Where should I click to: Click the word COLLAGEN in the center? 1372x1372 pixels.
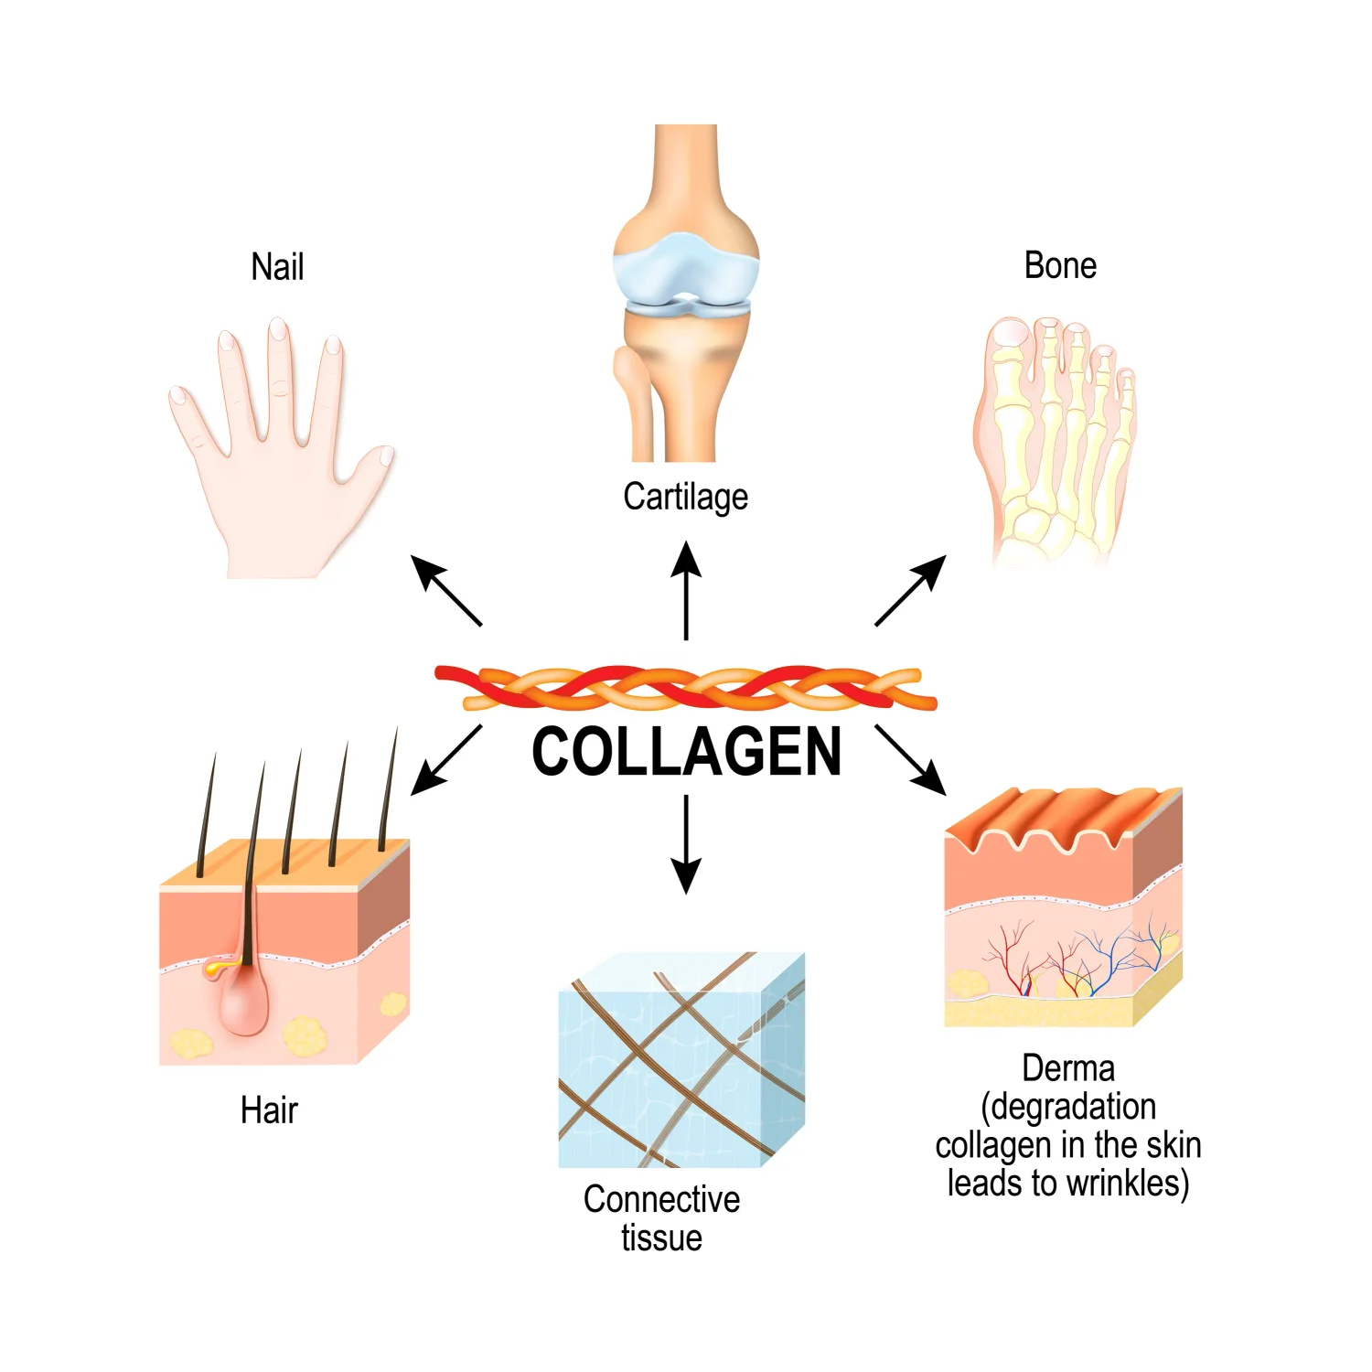coord(686,752)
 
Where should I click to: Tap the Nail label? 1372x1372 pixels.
coord(277,267)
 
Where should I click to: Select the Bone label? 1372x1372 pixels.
coord(1060,265)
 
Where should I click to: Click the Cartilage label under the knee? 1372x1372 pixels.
coord(685,497)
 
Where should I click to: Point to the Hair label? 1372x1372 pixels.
coord(269,1109)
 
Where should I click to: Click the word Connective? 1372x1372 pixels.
coord(661,1198)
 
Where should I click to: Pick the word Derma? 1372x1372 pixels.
coord(1067,1067)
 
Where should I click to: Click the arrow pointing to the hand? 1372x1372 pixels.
coord(445,590)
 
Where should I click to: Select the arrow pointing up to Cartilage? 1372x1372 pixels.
coord(686,590)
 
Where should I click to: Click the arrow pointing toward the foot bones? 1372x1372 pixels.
coord(910,590)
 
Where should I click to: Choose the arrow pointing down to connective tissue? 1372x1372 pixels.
coord(686,843)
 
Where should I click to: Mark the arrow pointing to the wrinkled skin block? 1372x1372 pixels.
coord(910,759)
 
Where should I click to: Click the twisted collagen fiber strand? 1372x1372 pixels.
coord(686,688)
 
